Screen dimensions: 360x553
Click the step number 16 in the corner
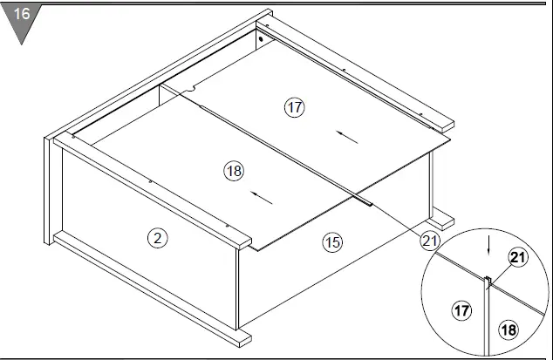[x=21, y=14]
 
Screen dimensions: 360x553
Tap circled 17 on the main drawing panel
[x=294, y=107]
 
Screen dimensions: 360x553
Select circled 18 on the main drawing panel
[x=233, y=171]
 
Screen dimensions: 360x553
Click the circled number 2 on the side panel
[x=157, y=238]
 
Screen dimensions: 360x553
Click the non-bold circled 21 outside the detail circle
[x=430, y=240]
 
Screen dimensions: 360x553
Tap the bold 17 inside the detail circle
[x=461, y=308]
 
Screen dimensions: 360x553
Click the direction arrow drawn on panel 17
[x=346, y=134]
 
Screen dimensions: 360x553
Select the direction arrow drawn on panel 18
[x=260, y=199]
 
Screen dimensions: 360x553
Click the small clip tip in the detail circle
[x=488, y=280]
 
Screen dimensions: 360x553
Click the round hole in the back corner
[x=261, y=39]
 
